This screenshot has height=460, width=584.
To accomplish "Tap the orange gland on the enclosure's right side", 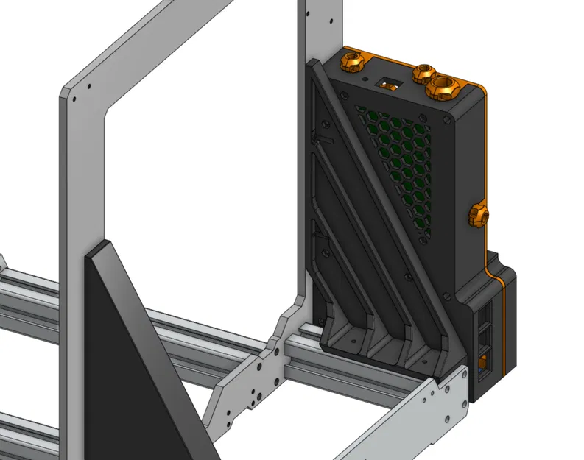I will coord(479,216).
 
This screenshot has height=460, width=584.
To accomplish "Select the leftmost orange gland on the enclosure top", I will coord(351,63).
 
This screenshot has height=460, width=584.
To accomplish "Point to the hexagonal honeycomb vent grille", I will coord(394,162).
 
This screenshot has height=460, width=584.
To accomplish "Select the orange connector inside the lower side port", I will coord(483,363).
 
